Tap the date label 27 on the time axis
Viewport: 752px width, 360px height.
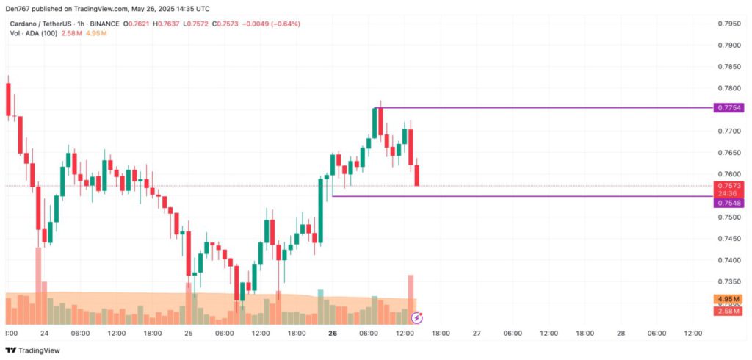click(x=477, y=333)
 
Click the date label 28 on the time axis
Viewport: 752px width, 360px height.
click(x=621, y=333)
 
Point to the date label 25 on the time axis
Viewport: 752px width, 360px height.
click(x=189, y=333)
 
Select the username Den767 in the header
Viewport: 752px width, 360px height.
click(x=21, y=9)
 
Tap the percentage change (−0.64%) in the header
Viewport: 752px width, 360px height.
click(x=286, y=24)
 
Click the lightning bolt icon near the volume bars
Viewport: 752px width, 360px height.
click(x=416, y=317)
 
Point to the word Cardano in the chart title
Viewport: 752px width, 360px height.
click(x=24, y=24)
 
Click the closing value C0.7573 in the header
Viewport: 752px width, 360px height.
click(x=224, y=24)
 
